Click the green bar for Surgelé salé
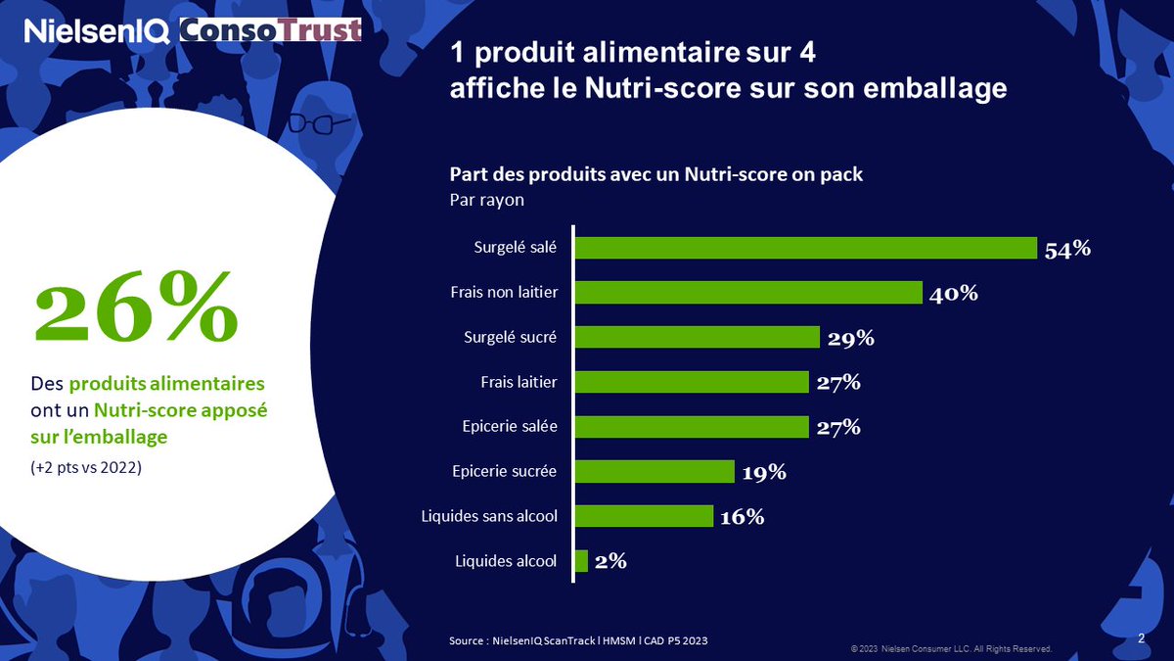(805, 248)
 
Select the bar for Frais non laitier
(748, 293)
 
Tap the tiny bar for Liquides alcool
(581, 561)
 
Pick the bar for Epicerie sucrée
(655, 472)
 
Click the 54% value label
(1067, 249)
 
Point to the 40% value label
(954, 293)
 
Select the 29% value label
(850, 338)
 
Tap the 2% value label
(610, 561)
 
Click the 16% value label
(742, 516)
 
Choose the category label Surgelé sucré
(510, 338)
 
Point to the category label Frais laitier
(518, 382)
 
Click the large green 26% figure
(136, 305)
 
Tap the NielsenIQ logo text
(99, 31)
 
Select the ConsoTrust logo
(271, 30)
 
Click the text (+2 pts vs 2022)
(85, 468)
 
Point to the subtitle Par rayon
(486, 199)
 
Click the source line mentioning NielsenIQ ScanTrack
(578, 639)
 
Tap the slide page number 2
(1142, 637)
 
